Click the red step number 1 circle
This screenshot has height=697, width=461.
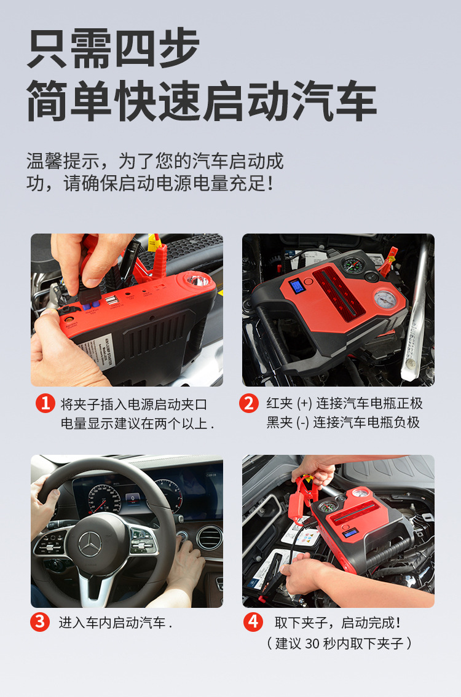point(45,403)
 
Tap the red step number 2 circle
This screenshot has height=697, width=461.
point(248,403)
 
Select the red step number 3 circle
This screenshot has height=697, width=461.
point(40,621)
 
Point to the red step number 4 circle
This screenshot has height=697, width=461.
point(253,621)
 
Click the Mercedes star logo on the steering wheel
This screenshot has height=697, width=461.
point(91,544)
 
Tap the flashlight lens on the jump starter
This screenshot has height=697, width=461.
point(197,282)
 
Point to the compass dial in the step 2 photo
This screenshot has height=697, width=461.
point(352,265)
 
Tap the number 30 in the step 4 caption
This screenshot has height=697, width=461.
point(312,643)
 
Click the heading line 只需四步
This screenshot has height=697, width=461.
point(113,49)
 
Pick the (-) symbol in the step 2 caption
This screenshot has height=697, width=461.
point(303,422)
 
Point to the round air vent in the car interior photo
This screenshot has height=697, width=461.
point(209,537)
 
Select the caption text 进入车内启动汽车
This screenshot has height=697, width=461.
point(112,623)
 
